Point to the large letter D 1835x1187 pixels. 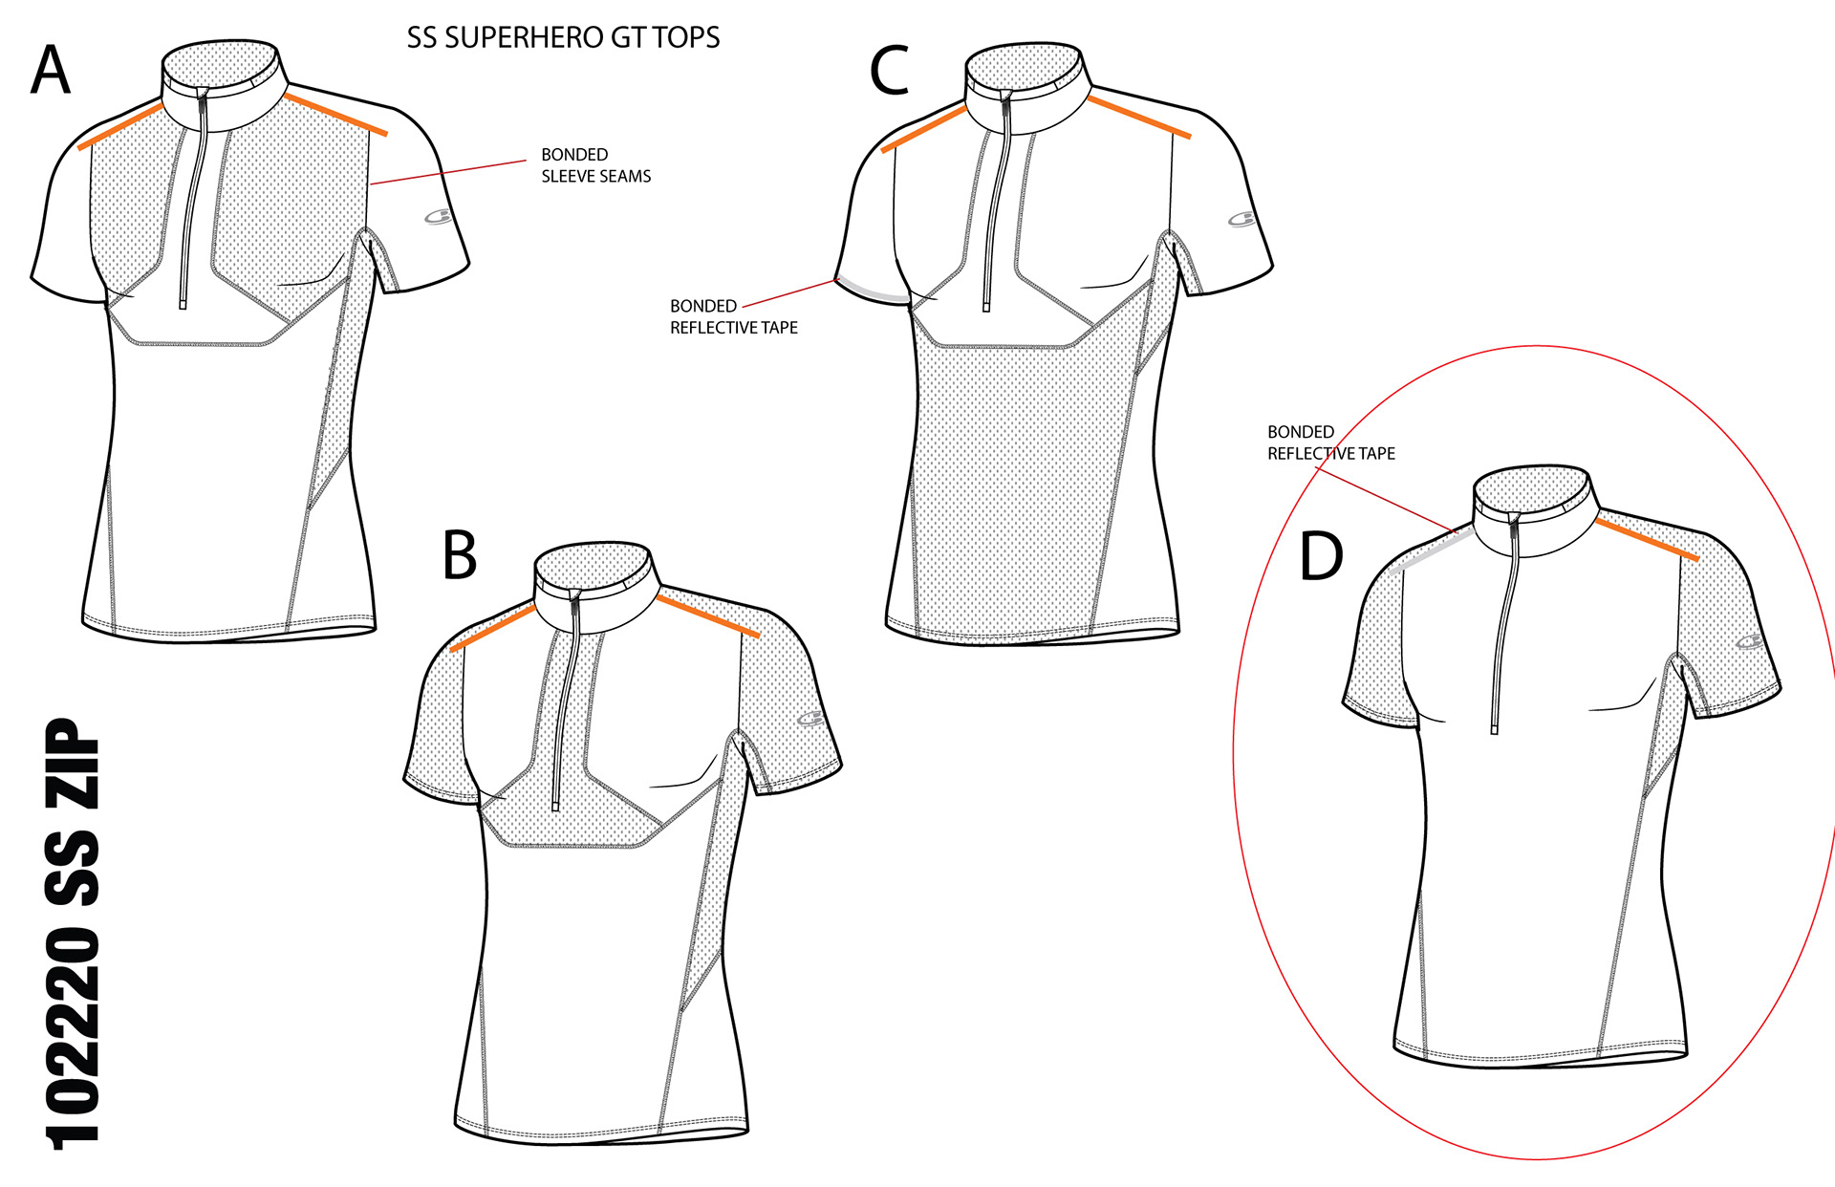tap(1322, 556)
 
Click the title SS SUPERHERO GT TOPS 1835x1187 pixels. tap(563, 38)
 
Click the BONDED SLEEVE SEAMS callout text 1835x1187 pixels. tap(595, 165)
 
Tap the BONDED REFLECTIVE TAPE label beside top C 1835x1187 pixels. tap(733, 316)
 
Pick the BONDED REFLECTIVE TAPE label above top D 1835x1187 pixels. tap(1330, 442)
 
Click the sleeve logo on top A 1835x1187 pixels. tap(439, 217)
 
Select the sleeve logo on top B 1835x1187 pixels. tap(810, 719)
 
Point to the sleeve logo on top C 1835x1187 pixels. tap(1241, 220)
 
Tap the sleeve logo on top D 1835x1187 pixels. tap(1750, 641)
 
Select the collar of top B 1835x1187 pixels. tap(594, 587)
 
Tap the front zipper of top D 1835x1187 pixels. tap(1503, 621)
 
